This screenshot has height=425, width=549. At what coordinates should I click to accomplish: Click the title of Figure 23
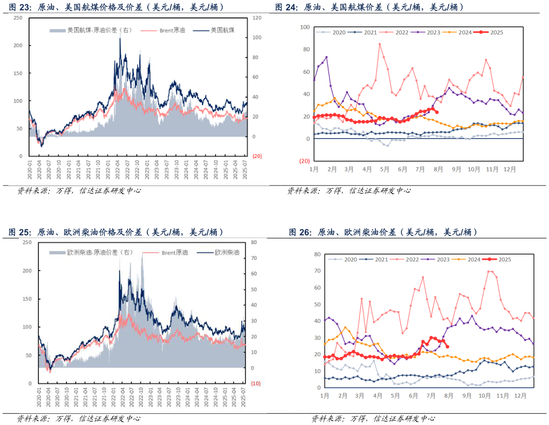116,7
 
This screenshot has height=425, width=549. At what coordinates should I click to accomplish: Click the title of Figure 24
369,7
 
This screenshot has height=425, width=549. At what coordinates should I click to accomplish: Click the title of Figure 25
116,232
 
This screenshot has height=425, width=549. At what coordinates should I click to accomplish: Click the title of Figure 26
383,233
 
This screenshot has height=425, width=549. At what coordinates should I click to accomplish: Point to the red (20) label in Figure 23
257,156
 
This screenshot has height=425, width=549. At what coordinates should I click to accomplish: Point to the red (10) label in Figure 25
256,384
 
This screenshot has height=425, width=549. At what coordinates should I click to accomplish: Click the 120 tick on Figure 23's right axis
257,18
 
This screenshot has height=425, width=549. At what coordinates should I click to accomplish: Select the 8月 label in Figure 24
438,169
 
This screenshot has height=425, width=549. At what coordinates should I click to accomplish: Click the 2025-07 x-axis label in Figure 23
246,170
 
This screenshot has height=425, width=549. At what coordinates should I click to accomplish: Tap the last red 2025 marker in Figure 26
447,346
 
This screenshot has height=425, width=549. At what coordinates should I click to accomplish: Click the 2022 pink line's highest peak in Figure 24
380,44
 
